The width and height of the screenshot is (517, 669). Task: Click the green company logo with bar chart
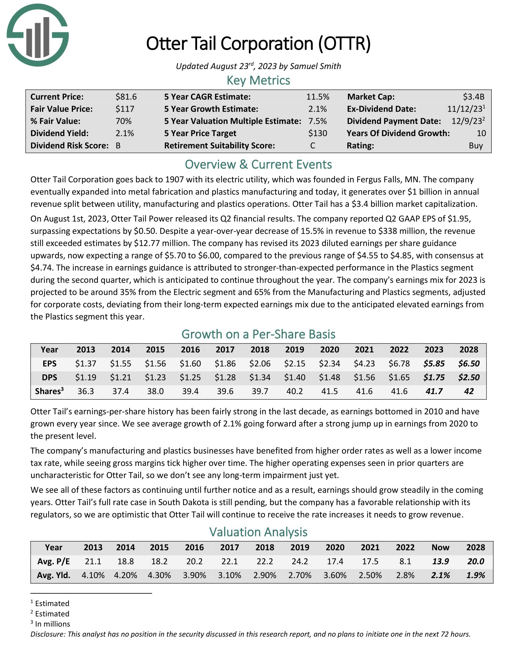click(38, 35)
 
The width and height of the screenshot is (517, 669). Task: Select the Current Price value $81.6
click(126, 97)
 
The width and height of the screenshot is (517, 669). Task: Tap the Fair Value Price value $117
click(125, 109)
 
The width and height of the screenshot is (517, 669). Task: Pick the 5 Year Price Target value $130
click(317, 133)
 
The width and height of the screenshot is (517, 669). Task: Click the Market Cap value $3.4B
click(474, 97)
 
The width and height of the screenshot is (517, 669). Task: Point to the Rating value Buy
click(476, 145)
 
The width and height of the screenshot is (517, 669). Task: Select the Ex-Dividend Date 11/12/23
click(464, 109)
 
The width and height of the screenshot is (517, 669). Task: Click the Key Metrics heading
click(258, 80)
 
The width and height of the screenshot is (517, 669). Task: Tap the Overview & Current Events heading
click(258, 165)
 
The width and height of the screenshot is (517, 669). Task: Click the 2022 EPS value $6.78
click(399, 364)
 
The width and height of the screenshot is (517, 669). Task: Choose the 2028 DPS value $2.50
click(469, 377)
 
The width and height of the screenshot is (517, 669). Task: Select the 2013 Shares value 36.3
click(86, 391)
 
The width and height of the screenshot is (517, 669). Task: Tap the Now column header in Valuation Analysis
click(440, 547)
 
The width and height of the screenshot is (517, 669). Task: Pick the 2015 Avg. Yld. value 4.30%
click(159, 575)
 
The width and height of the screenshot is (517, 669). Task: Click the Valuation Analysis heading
click(258, 532)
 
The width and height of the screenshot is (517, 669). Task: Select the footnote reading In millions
click(52, 624)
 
